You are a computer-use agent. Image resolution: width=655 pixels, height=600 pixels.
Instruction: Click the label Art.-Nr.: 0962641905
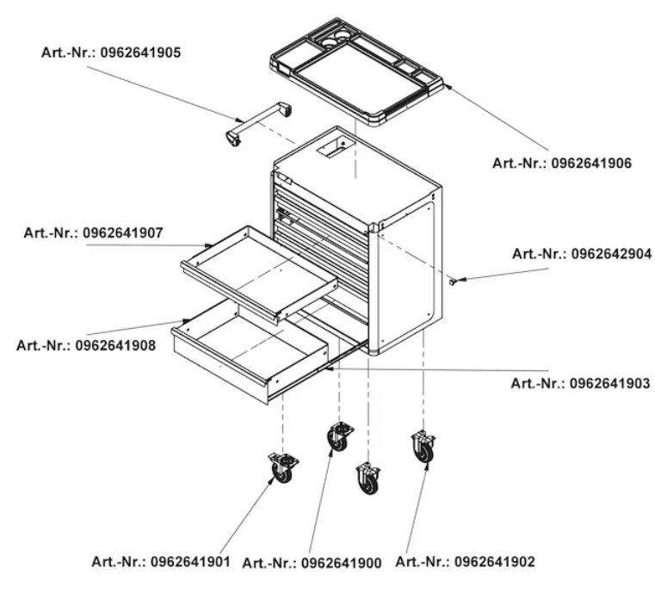[x=111, y=53]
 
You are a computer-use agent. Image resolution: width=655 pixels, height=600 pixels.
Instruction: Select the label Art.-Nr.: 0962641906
[x=562, y=164]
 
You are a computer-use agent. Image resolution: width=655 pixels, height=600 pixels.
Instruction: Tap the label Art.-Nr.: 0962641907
[x=94, y=232]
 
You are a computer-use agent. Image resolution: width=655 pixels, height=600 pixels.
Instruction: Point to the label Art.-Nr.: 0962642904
[x=582, y=254]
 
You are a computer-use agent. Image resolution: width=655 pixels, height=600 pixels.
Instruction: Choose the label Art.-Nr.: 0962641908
[x=86, y=345]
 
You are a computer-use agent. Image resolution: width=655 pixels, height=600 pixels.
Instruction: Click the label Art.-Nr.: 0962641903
[x=581, y=383]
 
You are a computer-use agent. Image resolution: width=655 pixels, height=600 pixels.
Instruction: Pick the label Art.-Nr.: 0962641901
[x=161, y=561]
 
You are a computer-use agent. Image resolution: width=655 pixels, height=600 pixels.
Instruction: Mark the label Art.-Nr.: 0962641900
[x=312, y=563]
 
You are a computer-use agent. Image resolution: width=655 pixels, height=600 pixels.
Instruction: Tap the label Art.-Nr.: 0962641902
[x=466, y=562]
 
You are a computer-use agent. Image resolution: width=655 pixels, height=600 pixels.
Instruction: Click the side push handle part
[x=258, y=123]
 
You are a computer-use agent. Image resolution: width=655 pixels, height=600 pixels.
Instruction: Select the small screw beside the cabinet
[x=453, y=282]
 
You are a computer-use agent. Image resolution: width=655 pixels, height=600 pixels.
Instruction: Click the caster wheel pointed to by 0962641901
[x=283, y=468]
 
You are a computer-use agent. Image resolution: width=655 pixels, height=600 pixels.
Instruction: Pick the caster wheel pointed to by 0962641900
[x=340, y=437]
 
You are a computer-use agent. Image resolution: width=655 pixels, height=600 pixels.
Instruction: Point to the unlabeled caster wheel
[x=368, y=479]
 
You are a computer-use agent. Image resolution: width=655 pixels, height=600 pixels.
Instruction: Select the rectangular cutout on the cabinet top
[x=336, y=148]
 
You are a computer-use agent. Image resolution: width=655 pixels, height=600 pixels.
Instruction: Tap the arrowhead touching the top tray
[x=448, y=86]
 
